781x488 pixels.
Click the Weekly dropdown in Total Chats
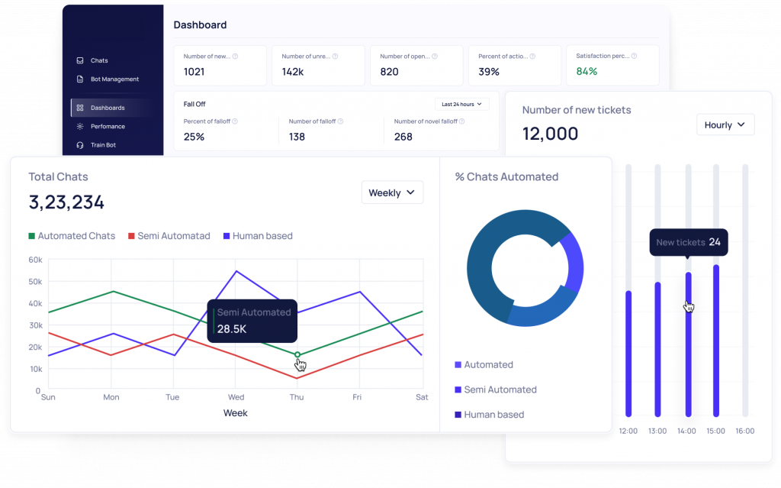392,192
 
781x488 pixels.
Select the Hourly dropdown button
725,125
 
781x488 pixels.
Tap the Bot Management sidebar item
114,79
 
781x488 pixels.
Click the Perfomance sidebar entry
108,127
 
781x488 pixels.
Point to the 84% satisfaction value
587,72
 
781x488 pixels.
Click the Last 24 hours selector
462,104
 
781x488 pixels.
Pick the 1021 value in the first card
195,72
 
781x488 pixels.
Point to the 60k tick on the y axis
35,260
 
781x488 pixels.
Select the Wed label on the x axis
236,397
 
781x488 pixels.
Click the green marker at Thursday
297,354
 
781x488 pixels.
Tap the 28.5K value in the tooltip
232,328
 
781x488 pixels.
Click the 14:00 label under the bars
686,431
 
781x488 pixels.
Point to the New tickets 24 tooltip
688,242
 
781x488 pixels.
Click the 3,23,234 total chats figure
66,202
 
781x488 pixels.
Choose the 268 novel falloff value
403,137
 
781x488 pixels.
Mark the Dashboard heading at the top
200,25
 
